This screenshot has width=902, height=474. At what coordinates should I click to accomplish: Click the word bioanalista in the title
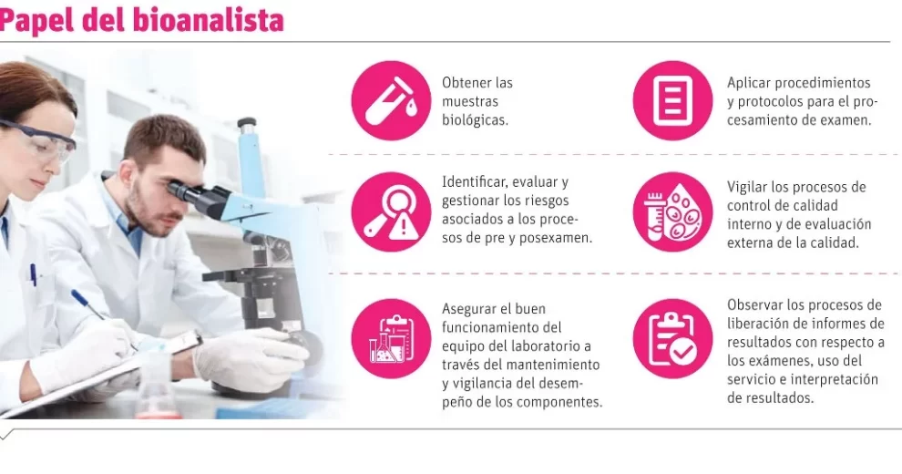pyautogui.click(x=209, y=20)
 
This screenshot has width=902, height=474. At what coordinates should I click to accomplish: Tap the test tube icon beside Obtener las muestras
pyautogui.click(x=391, y=100)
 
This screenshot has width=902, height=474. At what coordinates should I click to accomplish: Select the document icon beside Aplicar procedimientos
pyautogui.click(x=672, y=100)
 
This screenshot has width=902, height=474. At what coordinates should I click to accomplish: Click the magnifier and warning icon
pyautogui.click(x=391, y=211)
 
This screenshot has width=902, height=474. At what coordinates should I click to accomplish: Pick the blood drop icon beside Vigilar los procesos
pyautogui.click(x=672, y=211)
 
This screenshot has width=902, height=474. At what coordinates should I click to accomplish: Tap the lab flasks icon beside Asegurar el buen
pyautogui.click(x=391, y=338)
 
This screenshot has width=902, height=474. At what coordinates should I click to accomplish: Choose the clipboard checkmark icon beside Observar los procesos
pyautogui.click(x=672, y=338)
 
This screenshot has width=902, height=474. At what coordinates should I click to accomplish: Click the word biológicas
pyautogui.click(x=475, y=120)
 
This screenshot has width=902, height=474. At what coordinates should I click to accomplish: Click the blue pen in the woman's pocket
pyautogui.click(x=34, y=275)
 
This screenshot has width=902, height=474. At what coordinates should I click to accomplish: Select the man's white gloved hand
pyautogui.click(x=251, y=358)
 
